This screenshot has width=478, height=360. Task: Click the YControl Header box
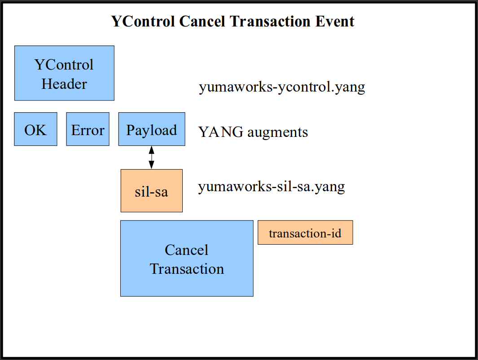[x=64, y=73]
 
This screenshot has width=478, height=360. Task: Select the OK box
[x=35, y=129]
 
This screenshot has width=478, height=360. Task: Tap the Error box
[x=88, y=129]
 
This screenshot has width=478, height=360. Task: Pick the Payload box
[x=152, y=129]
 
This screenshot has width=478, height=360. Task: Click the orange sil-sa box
[x=152, y=191]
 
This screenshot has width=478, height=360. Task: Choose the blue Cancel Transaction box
[x=187, y=259]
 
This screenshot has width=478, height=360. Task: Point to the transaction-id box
[x=305, y=233]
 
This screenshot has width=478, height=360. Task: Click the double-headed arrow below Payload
[x=152, y=158]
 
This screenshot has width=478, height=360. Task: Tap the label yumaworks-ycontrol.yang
[x=282, y=87]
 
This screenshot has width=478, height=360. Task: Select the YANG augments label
[x=253, y=132]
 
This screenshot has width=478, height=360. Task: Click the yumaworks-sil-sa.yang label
[x=271, y=187]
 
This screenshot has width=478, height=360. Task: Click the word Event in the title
[x=335, y=22]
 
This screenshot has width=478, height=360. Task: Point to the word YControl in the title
[x=143, y=22]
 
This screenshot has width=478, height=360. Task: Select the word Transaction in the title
[x=270, y=22]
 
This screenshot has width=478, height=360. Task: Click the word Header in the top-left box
[x=64, y=84]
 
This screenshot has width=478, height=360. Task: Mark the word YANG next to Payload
[x=221, y=132]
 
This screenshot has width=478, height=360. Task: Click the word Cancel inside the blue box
[x=187, y=250]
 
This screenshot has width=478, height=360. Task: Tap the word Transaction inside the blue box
[x=187, y=269]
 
